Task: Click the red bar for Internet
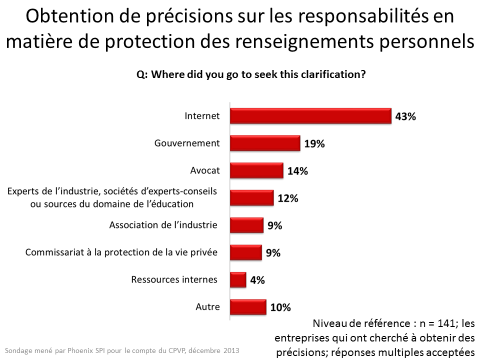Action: pyautogui.click(x=310, y=116)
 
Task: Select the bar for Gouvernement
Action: pyautogui.click(x=264, y=143)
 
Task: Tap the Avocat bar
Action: pyautogui.click(x=256, y=170)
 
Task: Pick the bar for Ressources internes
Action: pyautogui.click(x=238, y=280)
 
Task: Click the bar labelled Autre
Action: pyautogui.click(x=247, y=307)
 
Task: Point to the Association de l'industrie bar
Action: pyautogui.click(x=246, y=225)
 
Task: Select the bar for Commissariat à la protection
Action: pyautogui.click(x=245, y=252)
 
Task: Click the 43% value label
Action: pyautogui.click(x=405, y=116)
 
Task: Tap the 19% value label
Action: pyautogui.click(x=314, y=144)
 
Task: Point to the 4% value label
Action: pyautogui.click(x=257, y=280)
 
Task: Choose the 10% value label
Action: pyautogui.click(x=280, y=307)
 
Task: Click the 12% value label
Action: pyautogui.click(x=287, y=198)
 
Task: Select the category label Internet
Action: pyautogui.click(x=202, y=115)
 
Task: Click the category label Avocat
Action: pyautogui.click(x=205, y=170)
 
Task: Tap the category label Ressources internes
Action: pyautogui.click(x=174, y=279)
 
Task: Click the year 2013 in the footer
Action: pyautogui.click(x=230, y=350)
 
